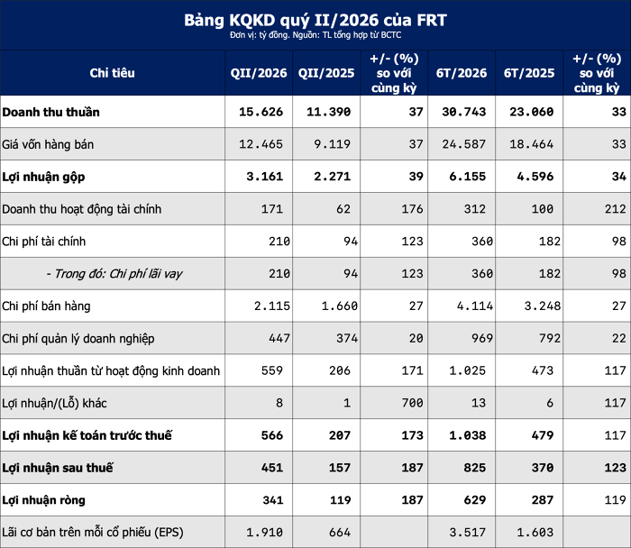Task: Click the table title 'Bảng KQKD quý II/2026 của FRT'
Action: pyautogui.click(x=315, y=20)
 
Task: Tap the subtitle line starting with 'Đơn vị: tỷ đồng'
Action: pyautogui.click(x=315, y=35)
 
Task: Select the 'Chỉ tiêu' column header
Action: pyautogui.click(x=113, y=73)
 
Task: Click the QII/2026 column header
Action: pyautogui.click(x=259, y=73)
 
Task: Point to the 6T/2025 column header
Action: pyautogui.click(x=529, y=73)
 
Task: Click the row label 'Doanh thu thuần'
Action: pyautogui.click(x=50, y=112)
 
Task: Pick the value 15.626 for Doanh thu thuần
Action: pyautogui.click(x=261, y=112)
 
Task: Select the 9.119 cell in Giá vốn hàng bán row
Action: pyautogui.click(x=332, y=144)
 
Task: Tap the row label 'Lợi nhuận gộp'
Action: pyautogui.click(x=43, y=177)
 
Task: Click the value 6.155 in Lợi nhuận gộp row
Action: pyautogui.click(x=468, y=177)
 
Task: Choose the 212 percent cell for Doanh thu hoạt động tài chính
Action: pyautogui.click(x=616, y=209)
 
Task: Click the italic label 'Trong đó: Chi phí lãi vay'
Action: pyautogui.click(x=114, y=274)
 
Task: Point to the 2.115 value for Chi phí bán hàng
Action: pyautogui.click(x=272, y=306)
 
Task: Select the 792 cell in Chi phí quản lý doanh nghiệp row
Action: pyautogui.click(x=550, y=338)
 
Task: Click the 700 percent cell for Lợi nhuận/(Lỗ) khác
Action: pyautogui.click(x=412, y=403)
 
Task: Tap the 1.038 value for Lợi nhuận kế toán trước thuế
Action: pyautogui.click(x=468, y=435)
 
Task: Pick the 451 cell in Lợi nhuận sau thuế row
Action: pyautogui.click(x=272, y=468)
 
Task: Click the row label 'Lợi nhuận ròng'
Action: pyautogui.click(x=43, y=500)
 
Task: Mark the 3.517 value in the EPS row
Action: pyautogui.click(x=468, y=533)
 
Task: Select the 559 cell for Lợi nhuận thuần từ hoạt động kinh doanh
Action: pyautogui.click(x=272, y=370)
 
